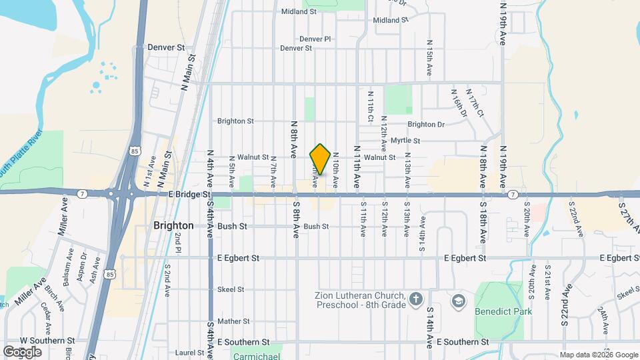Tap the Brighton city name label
click(173, 225)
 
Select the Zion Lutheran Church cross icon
click(416, 299)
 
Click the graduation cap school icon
click(458, 301)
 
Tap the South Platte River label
click(20, 152)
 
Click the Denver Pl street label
click(315, 39)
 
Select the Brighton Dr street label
click(426, 124)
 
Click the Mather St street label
click(233, 321)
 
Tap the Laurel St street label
click(189, 352)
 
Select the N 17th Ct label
click(475, 103)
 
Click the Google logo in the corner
click(22, 351)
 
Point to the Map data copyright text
click(598, 355)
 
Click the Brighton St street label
click(235, 121)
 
